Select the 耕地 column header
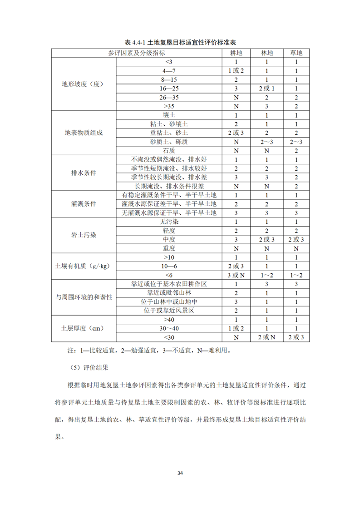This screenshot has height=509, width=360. tap(236, 53)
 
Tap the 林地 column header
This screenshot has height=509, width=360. tap(267, 53)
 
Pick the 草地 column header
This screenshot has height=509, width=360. tap(296, 53)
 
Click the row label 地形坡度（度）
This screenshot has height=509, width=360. tap(83, 84)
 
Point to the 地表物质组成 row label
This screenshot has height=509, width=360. tap(83, 133)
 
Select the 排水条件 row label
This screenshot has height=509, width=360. tap(83, 173)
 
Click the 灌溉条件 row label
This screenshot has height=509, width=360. tap(83, 204)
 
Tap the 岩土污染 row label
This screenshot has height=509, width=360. tap(83, 235)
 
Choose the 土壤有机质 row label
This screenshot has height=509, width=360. tap(83, 266)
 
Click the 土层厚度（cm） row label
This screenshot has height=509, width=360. tap(83, 328)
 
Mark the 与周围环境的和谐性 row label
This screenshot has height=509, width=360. tap(83, 297)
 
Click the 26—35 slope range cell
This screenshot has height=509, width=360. tap(169, 97)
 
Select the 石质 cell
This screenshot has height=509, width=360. tap(169, 150)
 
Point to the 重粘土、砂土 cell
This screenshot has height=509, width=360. tap(169, 133)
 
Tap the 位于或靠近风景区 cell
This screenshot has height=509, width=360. tap(169, 311)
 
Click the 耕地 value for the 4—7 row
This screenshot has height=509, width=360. tap(236, 70)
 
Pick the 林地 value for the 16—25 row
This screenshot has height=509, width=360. tap(267, 88)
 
